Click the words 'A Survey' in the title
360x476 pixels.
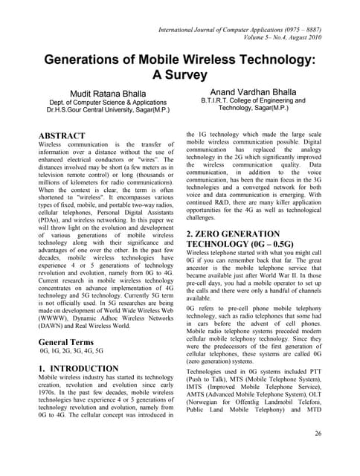[180, 75]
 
